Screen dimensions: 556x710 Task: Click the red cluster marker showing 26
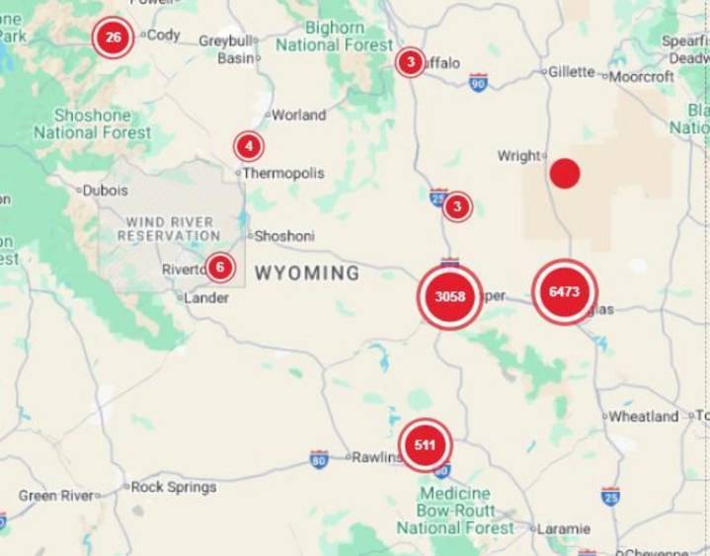point(114,39)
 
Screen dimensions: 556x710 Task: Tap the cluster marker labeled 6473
point(565,291)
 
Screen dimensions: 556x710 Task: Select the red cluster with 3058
point(450,296)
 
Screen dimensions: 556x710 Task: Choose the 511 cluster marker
point(425,445)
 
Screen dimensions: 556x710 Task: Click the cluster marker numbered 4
point(249,147)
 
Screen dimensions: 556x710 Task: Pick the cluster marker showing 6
point(220,267)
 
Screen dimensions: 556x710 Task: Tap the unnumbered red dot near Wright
point(565,174)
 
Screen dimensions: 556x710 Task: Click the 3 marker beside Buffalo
point(410,62)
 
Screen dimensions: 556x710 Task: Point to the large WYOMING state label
point(307,273)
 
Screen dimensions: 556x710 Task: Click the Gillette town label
point(572,72)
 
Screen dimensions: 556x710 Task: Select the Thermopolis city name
point(283,173)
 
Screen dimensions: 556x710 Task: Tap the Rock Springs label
point(174,487)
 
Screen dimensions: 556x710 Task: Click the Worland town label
point(298,115)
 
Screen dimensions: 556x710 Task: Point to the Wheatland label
point(644,417)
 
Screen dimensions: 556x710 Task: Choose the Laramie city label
point(565,529)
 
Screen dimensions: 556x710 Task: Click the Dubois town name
point(105,190)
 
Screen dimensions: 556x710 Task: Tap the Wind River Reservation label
point(169,229)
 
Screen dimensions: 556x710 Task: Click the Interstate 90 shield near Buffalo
point(479,83)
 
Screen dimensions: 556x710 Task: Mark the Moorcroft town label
point(642,75)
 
